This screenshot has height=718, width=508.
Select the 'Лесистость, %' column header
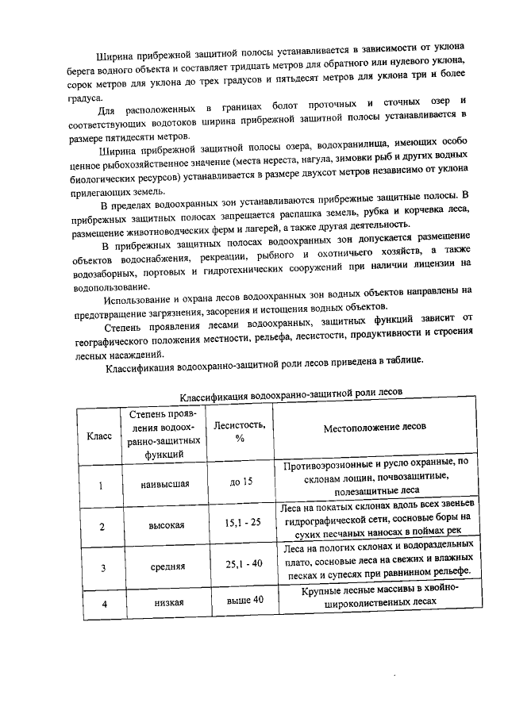tap(240, 432)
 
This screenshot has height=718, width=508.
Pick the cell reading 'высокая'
tap(167, 525)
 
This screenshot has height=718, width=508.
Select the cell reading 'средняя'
tap(167, 566)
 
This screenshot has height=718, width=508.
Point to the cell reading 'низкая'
tap(169, 603)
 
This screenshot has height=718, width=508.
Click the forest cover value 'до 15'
tap(241, 482)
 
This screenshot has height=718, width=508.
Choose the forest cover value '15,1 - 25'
tap(243, 524)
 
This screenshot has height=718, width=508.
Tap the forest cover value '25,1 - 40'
tap(244, 564)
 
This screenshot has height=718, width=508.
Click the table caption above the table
tap(291, 394)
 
